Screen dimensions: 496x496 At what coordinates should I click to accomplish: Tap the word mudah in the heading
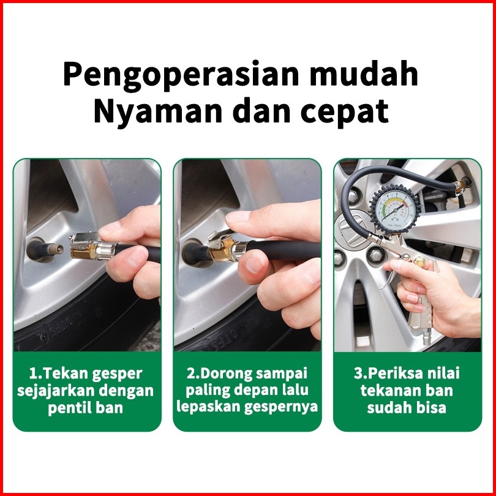[x=364, y=73]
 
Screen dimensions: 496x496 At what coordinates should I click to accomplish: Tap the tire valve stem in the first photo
[x=44, y=250]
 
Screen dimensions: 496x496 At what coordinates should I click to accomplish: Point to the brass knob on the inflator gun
[x=421, y=261]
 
